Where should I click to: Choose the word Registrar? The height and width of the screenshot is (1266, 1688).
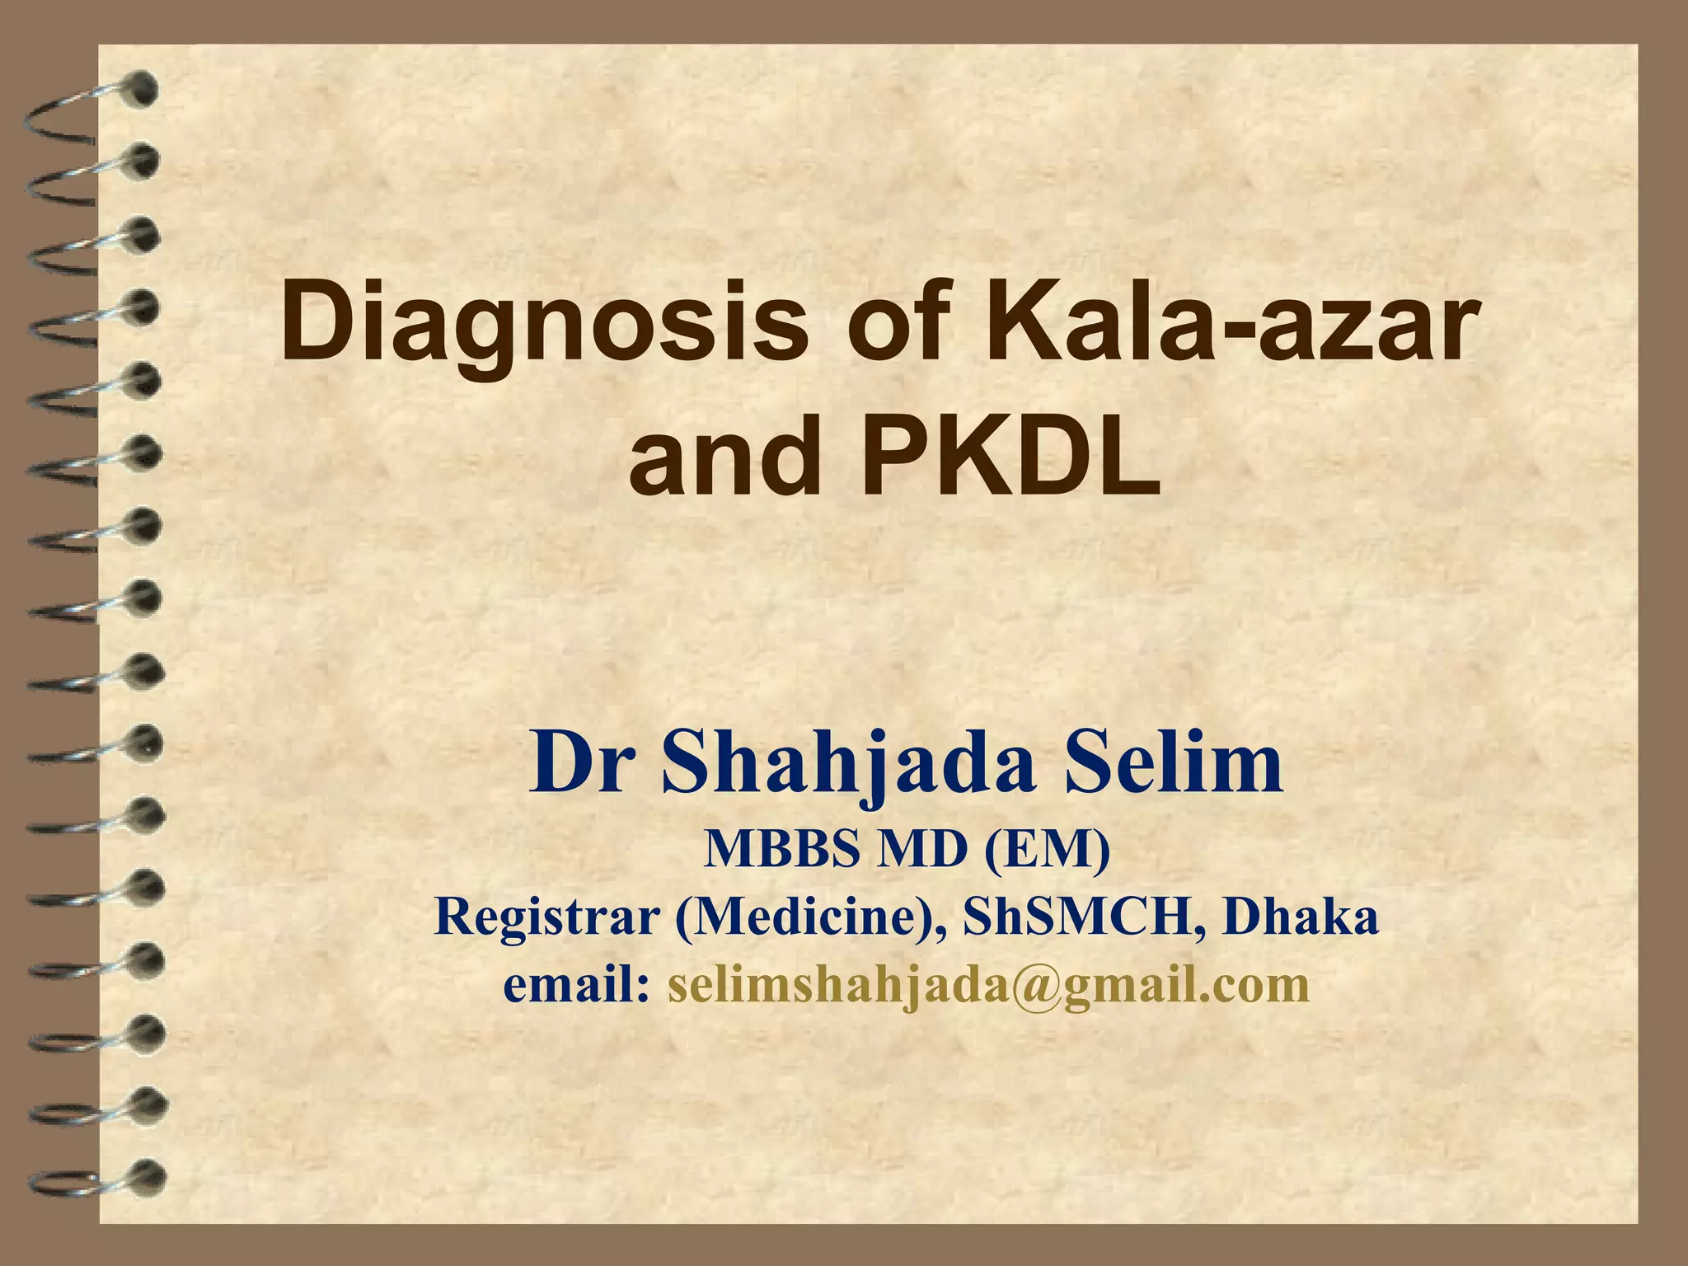pos(547,917)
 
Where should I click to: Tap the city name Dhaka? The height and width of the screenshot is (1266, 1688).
pos(1301,917)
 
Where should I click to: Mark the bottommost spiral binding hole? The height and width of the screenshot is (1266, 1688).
pos(146,1177)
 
